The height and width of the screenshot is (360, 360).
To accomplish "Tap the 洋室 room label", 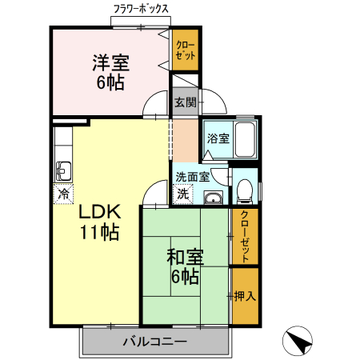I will tap(110, 62).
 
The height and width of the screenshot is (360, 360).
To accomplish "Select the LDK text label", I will tap(98, 213).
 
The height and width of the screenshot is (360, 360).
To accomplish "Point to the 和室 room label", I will tap(185, 258).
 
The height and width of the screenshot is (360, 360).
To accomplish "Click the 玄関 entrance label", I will tap(186, 102).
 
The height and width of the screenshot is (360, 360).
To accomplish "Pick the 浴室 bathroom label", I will tap(218, 138).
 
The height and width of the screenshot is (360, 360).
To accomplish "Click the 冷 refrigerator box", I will tap(62, 193).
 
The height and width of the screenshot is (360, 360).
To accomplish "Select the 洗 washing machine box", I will tap(184, 193).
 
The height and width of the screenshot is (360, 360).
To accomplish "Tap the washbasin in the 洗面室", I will tap(213, 198).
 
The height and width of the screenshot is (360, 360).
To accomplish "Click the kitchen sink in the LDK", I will tap(64, 170).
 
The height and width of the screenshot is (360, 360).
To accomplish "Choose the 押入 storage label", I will tap(246, 296).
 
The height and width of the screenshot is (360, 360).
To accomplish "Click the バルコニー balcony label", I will tap(155, 342).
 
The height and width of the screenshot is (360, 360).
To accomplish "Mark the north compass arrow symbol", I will tap(297, 342).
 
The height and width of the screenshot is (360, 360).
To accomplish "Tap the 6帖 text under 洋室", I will tap(110, 81).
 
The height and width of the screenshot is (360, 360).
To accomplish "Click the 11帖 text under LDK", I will tap(98, 233).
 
